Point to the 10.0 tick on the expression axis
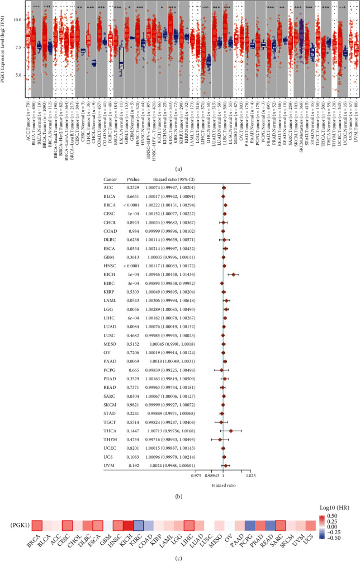point(17,20)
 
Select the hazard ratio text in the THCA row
point(168,431)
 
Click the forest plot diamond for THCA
point(231,431)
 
